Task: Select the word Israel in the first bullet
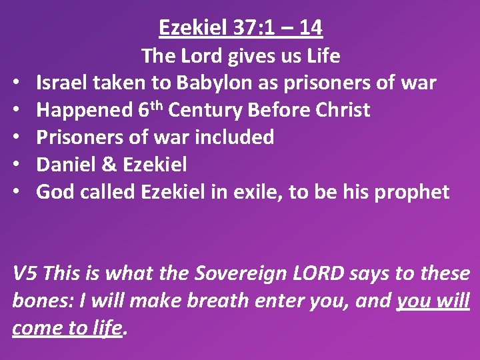coord(59,83)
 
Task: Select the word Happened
coord(84,110)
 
